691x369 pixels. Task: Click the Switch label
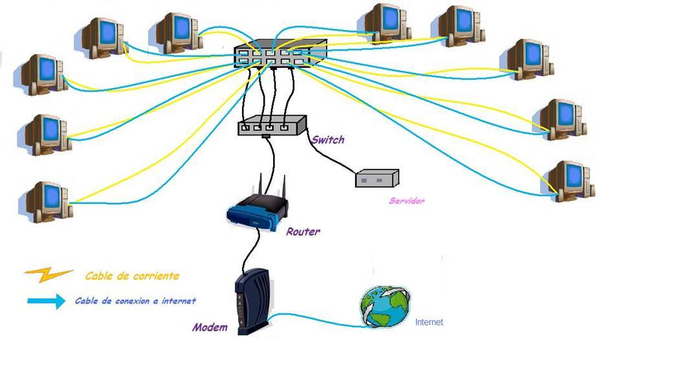328,140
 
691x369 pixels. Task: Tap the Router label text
303,231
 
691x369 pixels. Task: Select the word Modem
210,327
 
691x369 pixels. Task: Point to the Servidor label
406,201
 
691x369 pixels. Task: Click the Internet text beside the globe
429,322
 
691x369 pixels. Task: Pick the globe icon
384,306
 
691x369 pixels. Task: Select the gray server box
377,178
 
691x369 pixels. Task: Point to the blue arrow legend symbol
46,301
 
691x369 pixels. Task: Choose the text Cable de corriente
132,276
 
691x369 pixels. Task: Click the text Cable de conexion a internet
135,301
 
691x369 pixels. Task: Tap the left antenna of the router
262,184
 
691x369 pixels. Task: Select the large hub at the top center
280,52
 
